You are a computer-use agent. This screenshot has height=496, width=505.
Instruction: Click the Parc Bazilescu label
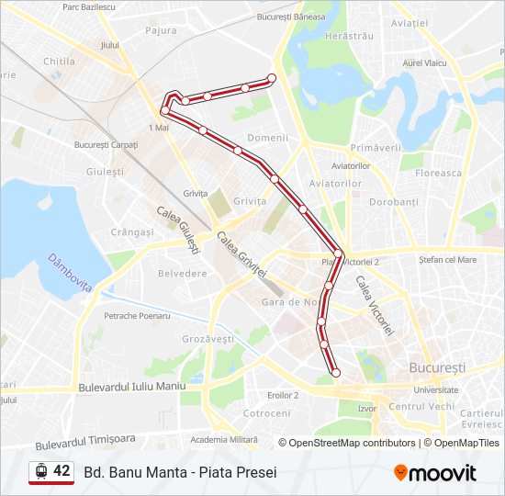(89, 6)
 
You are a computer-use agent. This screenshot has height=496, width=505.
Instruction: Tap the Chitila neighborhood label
(59, 62)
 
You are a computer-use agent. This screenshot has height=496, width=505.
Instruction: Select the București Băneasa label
(291, 17)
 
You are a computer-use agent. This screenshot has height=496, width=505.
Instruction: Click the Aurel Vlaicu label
(424, 62)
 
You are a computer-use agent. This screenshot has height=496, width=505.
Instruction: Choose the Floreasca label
(439, 173)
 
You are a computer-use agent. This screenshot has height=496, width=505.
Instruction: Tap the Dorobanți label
(393, 201)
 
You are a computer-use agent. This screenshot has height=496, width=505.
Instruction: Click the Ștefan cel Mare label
(447, 260)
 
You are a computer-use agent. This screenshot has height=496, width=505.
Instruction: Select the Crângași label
(132, 232)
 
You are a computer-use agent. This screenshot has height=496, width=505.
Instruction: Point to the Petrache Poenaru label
(137, 316)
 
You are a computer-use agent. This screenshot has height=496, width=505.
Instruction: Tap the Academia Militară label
(224, 440)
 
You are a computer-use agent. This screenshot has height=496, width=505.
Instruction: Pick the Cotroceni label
(266, 413)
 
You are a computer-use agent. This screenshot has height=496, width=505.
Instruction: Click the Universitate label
(435, 389)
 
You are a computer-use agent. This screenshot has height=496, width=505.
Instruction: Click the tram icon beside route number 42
(40, 472)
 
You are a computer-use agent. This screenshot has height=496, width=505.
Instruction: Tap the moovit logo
(435, 473)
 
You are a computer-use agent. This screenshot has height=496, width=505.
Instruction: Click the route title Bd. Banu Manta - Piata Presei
(180, 473)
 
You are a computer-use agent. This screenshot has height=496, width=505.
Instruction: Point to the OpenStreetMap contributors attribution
(353, 443)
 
